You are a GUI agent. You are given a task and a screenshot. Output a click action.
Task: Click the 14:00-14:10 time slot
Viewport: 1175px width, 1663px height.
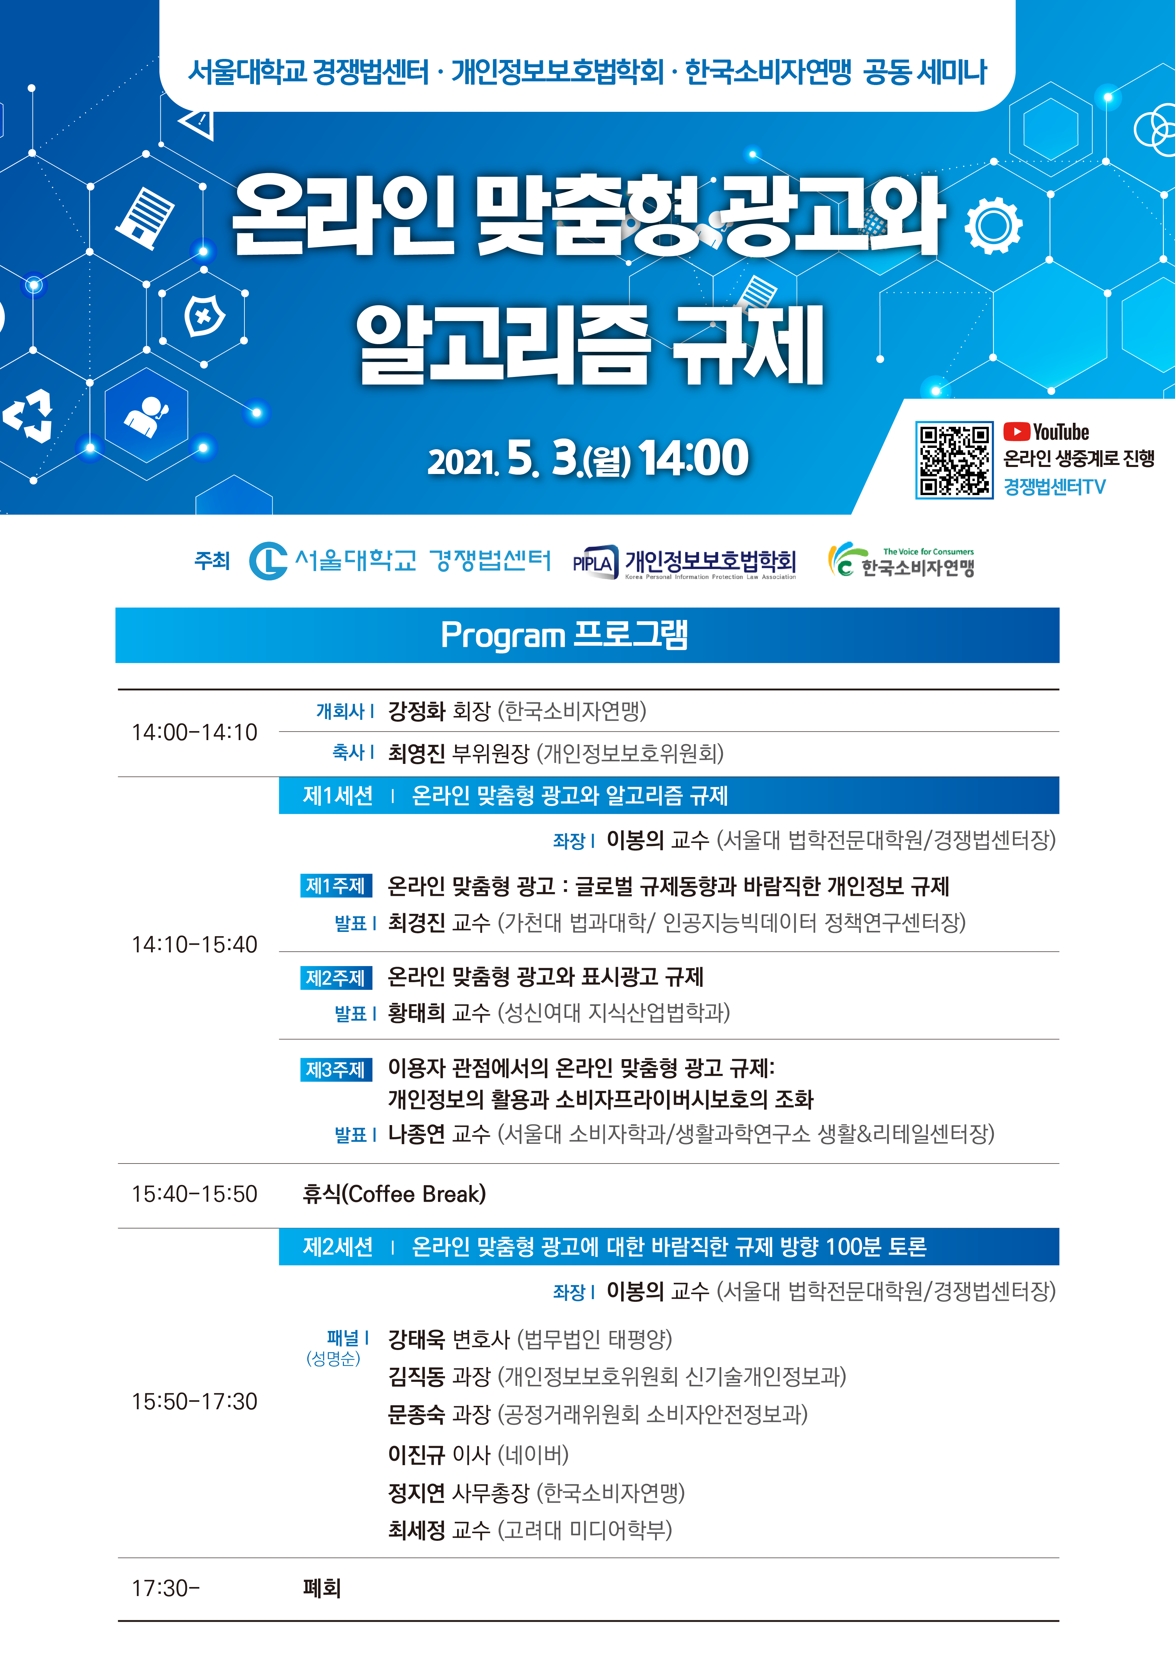[194, 732]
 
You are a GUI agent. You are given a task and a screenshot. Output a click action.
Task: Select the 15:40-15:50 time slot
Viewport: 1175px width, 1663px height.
[194, 1194]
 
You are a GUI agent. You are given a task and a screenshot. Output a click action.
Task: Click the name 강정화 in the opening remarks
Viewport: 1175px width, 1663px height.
[417, 711]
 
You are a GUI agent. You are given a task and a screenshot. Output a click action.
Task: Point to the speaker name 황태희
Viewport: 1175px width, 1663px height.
[417, 1012]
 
